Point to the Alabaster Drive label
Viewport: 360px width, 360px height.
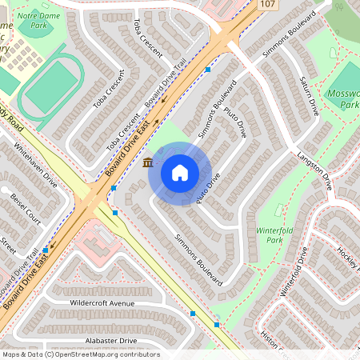105,340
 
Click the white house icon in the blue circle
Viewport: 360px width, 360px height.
180,172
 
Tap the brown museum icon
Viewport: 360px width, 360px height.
149,164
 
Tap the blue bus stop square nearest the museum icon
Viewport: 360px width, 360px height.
114,188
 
